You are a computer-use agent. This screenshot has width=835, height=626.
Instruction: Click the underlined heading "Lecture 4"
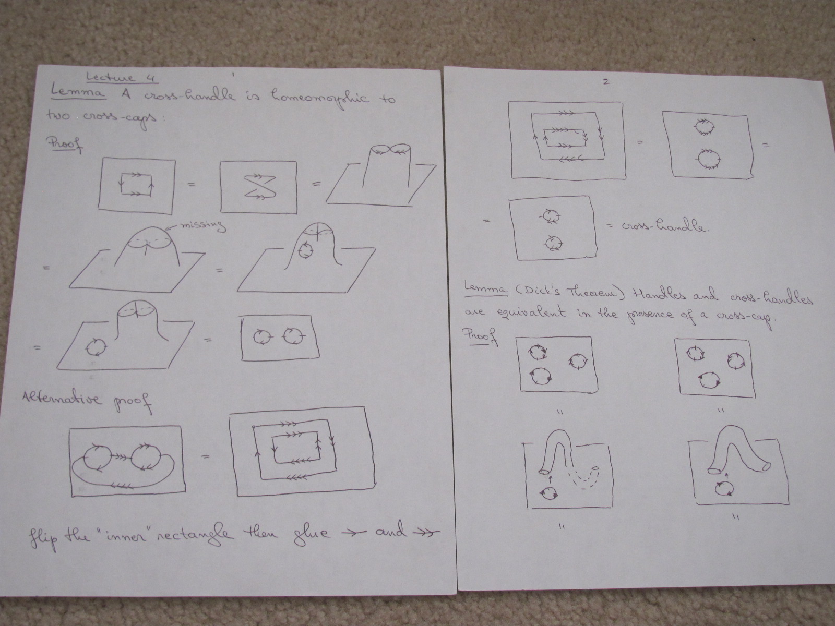click(122, 78)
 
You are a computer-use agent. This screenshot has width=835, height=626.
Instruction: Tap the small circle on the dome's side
click(305, 250)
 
